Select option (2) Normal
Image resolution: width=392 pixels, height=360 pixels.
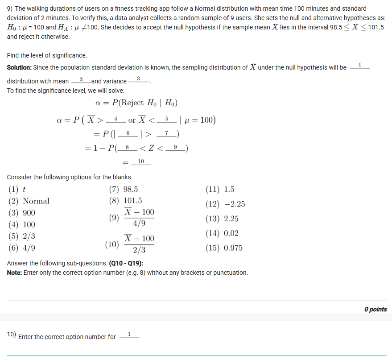[x=29, y=201]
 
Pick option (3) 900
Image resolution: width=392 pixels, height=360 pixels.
[x=22, y=213]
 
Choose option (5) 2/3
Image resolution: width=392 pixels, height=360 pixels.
[x=22, y=236]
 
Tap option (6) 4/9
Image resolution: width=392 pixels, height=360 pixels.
[x=22, y=248]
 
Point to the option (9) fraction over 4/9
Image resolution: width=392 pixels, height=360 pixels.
[x=132, y=218]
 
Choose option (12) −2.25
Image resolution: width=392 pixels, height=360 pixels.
[x=225, y=204]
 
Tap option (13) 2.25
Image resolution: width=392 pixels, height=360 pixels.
[x=222, y=219]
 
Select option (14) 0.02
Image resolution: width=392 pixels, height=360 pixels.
[x=222, y=233]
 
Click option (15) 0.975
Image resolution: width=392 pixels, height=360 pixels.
[x=224, y=248]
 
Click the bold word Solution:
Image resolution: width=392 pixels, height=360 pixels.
[x=19, y=67]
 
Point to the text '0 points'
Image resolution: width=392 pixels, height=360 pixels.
[x=375, y=309]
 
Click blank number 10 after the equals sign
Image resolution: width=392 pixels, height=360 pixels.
[x=141, y=161]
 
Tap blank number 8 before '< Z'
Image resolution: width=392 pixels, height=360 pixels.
[x=128, y=147]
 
